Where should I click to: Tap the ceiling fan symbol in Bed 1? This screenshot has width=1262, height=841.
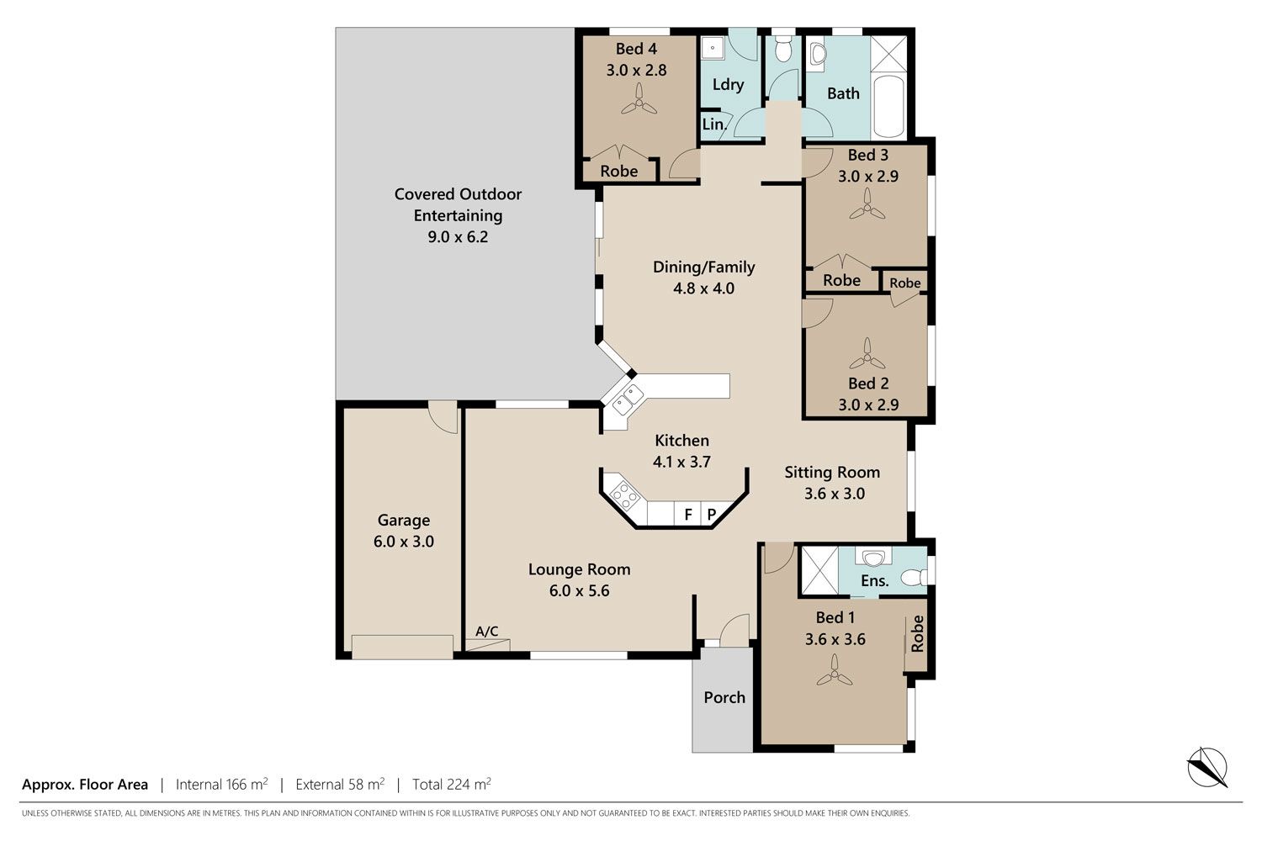pyautogui.click(x=835, y=673)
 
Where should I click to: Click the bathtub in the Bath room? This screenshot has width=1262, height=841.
pyautogui.click(x=888, y=106)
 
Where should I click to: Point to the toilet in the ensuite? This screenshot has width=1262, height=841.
pyautogui.click(x=914, y=578)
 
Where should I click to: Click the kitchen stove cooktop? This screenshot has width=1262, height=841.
pyautogui.click(x=623, y=496)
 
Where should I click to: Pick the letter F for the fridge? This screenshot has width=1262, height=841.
pyautogui.click(x=688, y=515)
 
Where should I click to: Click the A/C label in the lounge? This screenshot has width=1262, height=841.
pyautogui.click(x=487, y=631)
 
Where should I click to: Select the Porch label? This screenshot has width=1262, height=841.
pyautogui.click(x=724, y=697)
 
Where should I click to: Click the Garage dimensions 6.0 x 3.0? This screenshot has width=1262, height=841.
pyautogui.click(x=403, y=542)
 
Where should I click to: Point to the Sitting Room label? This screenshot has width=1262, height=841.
pyautogui.click(x=832, y=472)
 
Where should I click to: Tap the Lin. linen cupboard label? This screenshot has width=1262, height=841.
pyautogui.click(x=714, y=124)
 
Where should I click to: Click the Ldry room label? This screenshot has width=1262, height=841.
pyautogui.click(x=728, y=84)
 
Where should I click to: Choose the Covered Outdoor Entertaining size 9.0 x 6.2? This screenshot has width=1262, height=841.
pyautogui.click(x=458, y=236)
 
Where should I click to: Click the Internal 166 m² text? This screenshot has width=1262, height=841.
pyautogui.click(x=221, y=784)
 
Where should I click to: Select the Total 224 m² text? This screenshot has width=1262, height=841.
pyautogui.click(x=451, y=784)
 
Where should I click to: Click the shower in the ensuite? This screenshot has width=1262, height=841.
pyautogui.click(x=819, y=570)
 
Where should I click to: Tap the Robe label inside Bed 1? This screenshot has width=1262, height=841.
pyautogui.click(x=917, y=634)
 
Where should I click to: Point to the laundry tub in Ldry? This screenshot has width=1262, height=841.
pyautogui.click(x=713, y=48)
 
